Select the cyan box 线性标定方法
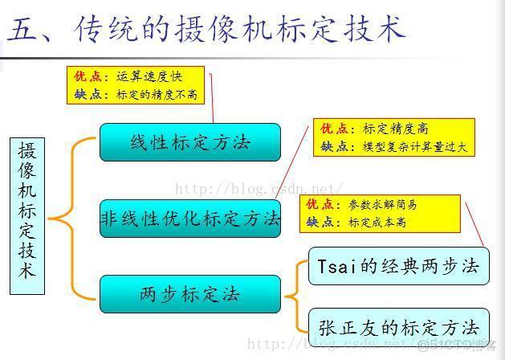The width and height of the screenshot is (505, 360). click(190, 142)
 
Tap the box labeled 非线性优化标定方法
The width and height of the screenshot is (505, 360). click(190, 219)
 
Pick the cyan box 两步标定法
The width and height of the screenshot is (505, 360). click(190, 294)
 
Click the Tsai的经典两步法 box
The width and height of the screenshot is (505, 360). click(399, 266)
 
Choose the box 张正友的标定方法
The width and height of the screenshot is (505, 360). click(399, 327)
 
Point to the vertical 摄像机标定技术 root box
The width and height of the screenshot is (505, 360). click(27, 216)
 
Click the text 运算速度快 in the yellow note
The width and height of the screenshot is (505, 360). click(149, 76)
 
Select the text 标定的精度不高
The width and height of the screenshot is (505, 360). click(157, 95)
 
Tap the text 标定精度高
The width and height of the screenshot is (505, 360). click(396, 129)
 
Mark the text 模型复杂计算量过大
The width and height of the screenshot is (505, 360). click(415, 147)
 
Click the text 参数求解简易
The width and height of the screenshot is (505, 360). click(383, 205)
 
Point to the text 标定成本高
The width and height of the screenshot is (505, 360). click(377, 223)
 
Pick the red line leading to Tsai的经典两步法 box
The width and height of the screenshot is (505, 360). click(474, 225)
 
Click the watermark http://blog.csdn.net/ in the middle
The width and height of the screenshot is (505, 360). click(259, 189)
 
